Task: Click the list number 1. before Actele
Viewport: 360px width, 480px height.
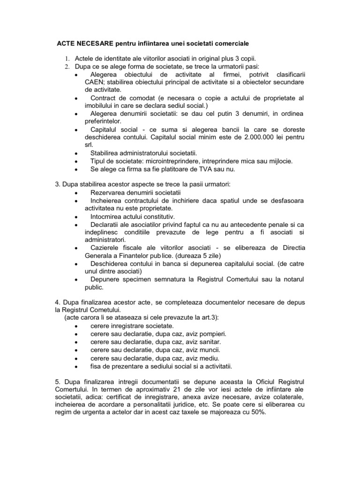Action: click(67, 59)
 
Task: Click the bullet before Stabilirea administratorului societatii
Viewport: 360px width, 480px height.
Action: click(76, 153)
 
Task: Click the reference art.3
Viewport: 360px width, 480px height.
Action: click(208, 317)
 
